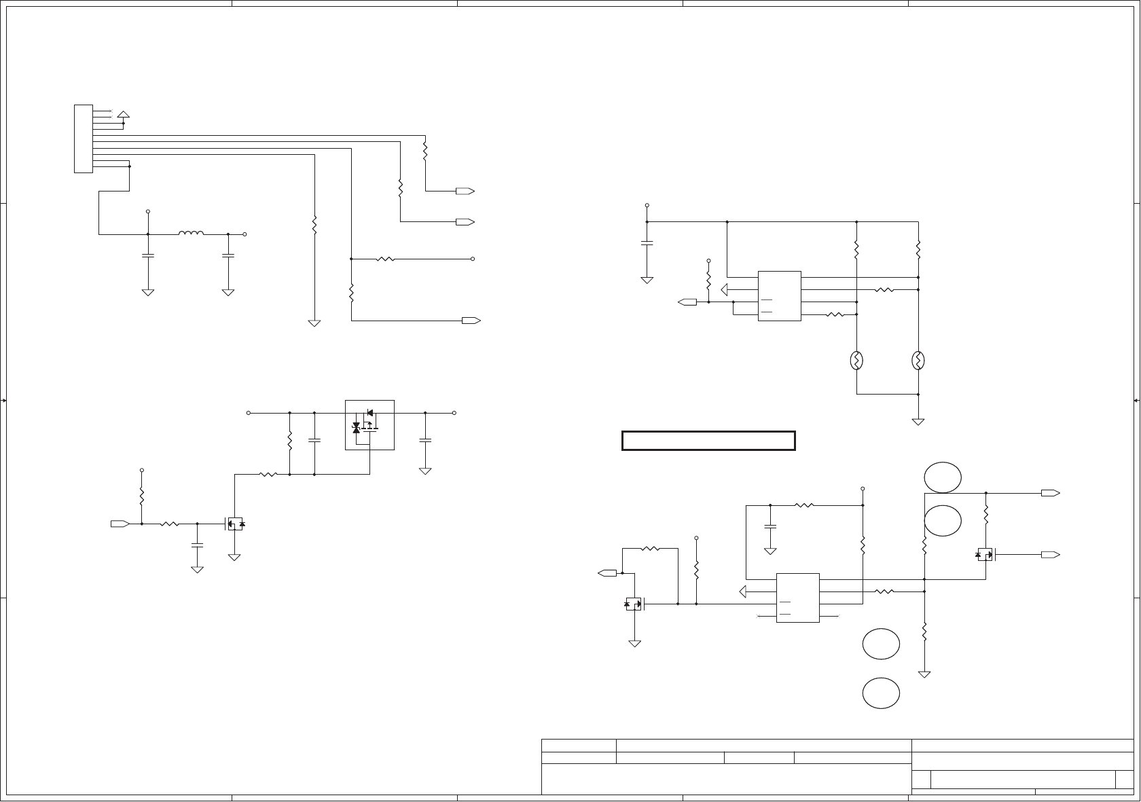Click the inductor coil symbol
point(191,234)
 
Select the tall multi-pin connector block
point(83,139)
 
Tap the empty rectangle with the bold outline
point(708,441)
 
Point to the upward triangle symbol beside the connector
point(123,113)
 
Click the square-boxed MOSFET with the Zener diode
point(369,424)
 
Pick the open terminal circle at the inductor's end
point(244,234)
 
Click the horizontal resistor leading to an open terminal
point(385,259)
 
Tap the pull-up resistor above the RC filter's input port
point(141,496)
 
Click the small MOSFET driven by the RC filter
point(234,524)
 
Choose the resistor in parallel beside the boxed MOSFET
point(290,442)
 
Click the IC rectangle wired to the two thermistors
point(779,296)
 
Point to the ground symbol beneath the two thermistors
point(918,421)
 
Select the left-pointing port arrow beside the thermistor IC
point(687,302)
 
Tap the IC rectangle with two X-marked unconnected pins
point(797,598)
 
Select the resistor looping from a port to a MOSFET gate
point(650,548)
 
